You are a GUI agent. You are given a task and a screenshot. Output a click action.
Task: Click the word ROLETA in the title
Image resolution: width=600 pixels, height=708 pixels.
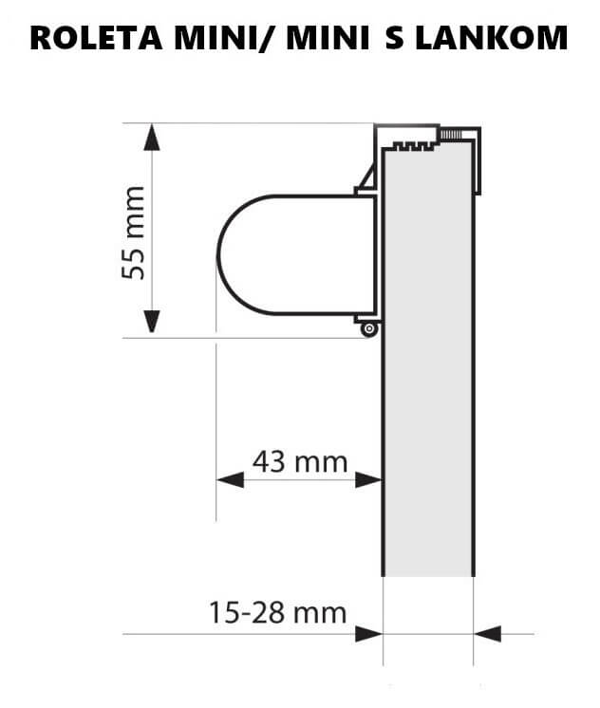point(96,38)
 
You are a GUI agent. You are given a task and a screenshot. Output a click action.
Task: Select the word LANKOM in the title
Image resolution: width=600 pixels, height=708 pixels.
point(491,38)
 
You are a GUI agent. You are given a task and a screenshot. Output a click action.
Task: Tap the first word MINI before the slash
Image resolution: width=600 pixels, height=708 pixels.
point(215,38)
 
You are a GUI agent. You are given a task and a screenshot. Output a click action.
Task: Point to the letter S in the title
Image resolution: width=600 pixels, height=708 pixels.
point(394,38)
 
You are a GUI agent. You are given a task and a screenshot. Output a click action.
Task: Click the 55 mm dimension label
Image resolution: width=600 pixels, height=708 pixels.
point(134,233)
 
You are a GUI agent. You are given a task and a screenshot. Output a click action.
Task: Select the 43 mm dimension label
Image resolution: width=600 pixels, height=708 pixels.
point(300,461)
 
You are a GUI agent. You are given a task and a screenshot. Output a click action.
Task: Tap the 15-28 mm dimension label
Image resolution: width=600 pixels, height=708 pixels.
point(277,613)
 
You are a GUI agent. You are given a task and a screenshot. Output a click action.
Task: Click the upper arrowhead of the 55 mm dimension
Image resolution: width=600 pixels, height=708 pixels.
point(152,137)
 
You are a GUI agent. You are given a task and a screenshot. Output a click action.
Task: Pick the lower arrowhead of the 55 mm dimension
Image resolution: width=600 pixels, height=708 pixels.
point(152,323)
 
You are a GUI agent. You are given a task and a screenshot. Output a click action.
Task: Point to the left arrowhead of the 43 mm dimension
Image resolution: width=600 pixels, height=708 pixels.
point(231,480)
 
